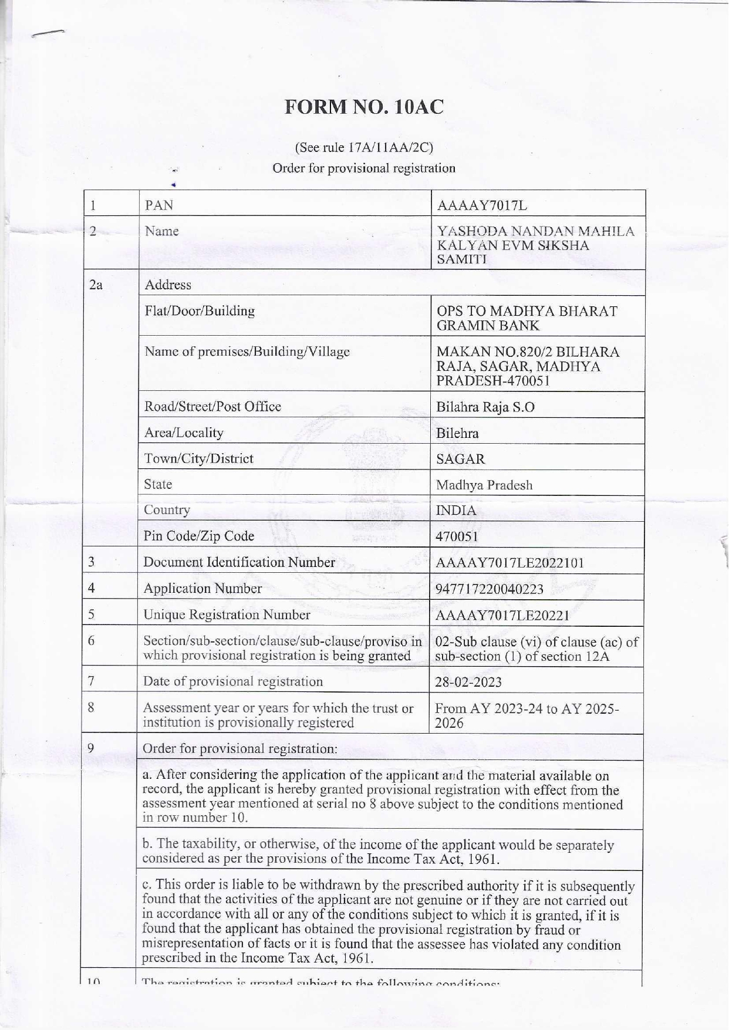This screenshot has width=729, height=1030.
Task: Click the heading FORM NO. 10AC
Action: point(364,107)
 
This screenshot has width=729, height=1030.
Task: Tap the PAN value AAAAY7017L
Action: point(482,205)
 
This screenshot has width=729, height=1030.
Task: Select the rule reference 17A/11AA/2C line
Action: point(364,147)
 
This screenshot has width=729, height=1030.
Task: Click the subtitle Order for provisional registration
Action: point(364,168)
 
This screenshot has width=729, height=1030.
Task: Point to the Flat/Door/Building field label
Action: point(200,311)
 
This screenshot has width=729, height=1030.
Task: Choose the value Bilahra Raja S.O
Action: point(485,407)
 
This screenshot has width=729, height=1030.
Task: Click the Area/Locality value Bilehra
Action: point(457,434)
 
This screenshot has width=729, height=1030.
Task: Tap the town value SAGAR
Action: point(461,459)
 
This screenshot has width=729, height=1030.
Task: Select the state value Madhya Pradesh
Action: point(484,485)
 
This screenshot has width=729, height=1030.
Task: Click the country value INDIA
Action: point(457,511)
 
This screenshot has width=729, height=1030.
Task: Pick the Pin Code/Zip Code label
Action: point(199,536)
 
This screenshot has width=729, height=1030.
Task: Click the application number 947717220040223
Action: point(490,589)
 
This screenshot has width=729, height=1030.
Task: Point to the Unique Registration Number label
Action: point(227,614)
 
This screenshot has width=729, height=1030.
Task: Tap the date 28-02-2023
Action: point(468,682)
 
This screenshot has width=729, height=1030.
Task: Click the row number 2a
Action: point(95,285)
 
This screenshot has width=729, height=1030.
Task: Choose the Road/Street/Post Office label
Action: point(212,407)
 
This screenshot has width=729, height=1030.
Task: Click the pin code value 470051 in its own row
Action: point(457,536)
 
